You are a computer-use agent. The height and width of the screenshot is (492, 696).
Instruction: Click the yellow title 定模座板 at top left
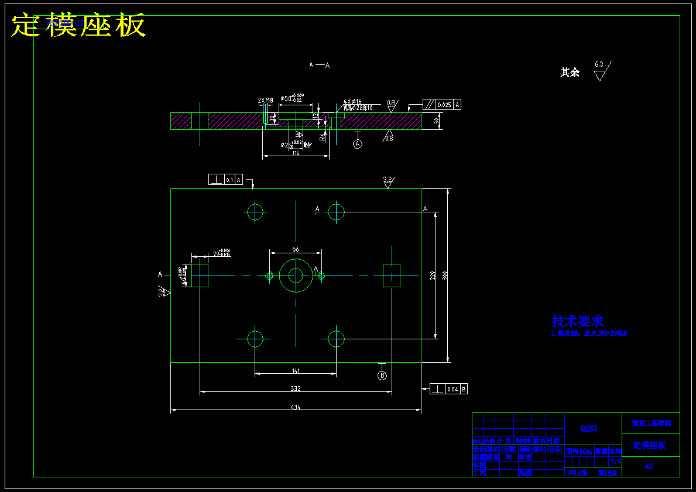pos(78,25)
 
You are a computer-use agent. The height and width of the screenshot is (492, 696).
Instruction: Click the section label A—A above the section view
pos(319,66)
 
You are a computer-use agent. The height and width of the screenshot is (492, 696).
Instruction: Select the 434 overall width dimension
pos(295,408)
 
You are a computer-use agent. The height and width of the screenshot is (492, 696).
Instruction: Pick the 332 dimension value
pos(295,388)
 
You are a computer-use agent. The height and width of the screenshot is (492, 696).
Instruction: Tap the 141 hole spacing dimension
pos(296,371)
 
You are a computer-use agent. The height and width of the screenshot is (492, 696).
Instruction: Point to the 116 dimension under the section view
pos(296,153)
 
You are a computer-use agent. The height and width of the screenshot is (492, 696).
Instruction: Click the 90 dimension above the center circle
pos(296,250)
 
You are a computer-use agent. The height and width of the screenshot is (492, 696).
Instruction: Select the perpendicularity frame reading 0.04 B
pos(448,389)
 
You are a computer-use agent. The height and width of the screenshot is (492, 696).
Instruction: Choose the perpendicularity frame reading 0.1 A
pos(225,180)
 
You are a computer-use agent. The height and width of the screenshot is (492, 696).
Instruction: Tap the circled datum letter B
pos(382,375)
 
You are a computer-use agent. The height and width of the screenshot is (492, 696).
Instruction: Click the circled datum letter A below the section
pos(358,143)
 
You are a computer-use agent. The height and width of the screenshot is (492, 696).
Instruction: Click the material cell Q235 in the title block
pos(589,429)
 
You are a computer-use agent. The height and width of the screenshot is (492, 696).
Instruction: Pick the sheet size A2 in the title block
pos(649,466)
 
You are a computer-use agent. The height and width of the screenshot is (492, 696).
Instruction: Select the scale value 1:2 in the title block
pos(615,461)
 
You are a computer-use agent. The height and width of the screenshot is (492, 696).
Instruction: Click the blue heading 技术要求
pos(577,321)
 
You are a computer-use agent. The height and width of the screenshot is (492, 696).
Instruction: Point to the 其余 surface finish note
pos(570,73)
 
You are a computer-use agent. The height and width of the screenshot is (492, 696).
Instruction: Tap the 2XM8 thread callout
pos(265,101)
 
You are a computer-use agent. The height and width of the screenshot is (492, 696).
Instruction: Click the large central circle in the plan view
pos(296,276)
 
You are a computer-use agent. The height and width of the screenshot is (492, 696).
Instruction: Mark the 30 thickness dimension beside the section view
pos(437,121)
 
